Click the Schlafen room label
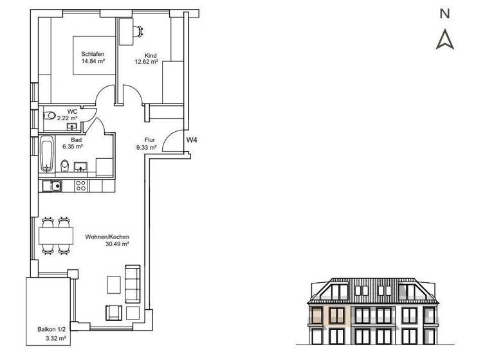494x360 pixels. point(93,54)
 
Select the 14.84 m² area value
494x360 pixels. point(93,62)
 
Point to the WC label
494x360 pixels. point(72,111)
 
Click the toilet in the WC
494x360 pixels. point(50,116)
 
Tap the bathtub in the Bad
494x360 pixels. point(46,154)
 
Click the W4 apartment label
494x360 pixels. point(192,139)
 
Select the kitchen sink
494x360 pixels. point(51,186)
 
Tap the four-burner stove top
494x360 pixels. point(81,186)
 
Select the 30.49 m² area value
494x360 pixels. point(117,244)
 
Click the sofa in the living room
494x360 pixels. point(134,285)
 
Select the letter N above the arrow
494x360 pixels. point(444,13)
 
